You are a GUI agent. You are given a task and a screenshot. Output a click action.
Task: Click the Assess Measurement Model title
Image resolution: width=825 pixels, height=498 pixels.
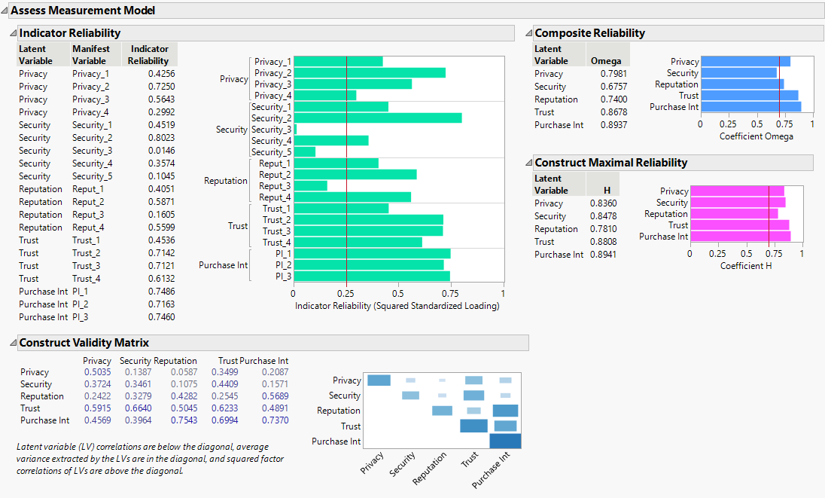tap(83, 11)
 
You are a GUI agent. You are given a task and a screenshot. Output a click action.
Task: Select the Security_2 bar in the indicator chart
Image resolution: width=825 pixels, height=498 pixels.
tap(377, 118)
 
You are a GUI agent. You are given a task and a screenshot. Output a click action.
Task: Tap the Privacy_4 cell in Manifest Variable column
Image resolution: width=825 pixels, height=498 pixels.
tap(90, 112)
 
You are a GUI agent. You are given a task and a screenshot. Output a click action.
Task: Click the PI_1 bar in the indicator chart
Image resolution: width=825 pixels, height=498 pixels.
tap(371, 254)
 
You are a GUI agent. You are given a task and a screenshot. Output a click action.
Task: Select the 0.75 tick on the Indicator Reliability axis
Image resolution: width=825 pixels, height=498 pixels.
tap(450, 294)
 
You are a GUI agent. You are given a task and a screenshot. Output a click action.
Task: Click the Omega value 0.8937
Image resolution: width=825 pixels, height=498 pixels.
tap(613, 125)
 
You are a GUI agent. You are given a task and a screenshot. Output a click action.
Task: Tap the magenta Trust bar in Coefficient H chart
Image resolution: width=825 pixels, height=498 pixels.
tap(739, 225)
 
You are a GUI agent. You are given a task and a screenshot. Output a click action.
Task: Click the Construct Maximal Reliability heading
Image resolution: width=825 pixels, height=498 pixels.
tap(610, 163)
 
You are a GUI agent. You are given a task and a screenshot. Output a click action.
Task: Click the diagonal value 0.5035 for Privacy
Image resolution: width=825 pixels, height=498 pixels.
tap(98, 372)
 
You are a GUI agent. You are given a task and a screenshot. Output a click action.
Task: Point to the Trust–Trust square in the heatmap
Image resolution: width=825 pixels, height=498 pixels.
tap(473, 426)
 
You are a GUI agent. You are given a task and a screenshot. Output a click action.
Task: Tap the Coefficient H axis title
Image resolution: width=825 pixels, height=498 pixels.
tap(746, 266)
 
